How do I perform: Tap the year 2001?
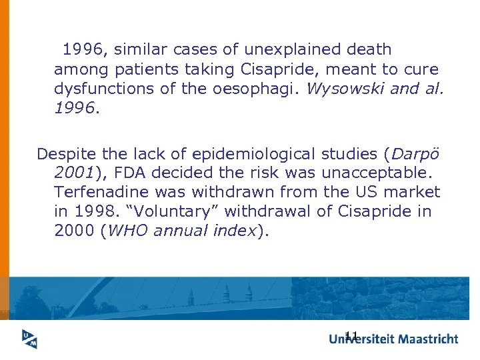click(x=75, y=173)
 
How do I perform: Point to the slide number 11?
click(x=352, y=335)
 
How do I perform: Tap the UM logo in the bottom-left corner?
click(x=28, y=339)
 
